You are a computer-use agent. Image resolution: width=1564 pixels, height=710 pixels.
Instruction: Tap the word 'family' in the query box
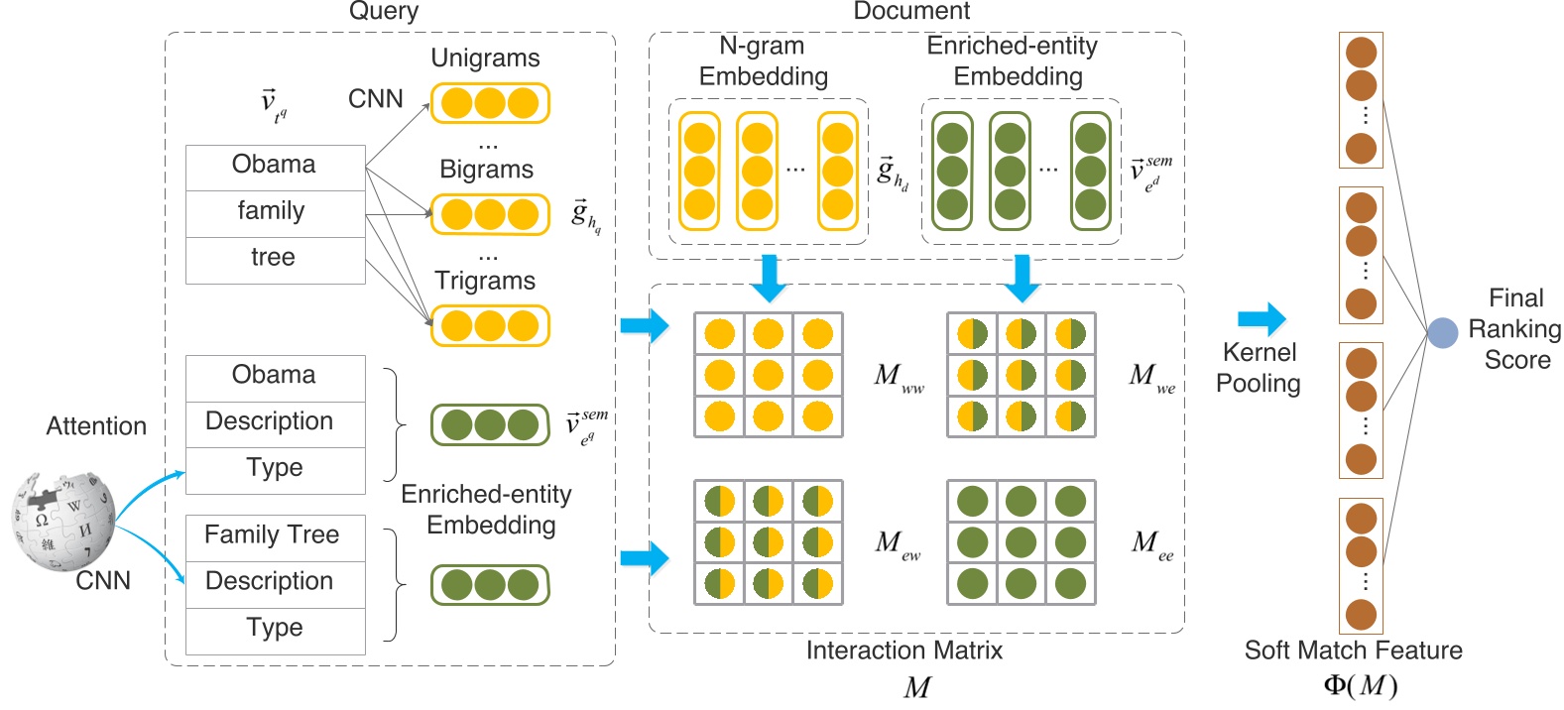point(272,211)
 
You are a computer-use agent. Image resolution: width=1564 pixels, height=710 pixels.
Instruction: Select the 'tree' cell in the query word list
point(273,258)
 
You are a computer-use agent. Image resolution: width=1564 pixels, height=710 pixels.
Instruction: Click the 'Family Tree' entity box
point(273,535)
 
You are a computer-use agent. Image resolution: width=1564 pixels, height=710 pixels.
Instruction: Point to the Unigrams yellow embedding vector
point(489,103)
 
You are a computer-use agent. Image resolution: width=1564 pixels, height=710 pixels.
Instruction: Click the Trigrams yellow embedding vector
point(489,326)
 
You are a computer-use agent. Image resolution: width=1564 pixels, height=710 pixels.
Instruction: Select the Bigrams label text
point(486,170)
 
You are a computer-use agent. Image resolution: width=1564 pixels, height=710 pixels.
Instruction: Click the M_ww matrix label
point(897,377)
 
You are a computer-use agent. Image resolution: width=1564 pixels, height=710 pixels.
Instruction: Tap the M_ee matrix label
point(1151,543)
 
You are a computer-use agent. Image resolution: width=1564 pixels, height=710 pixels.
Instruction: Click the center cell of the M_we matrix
point(1021,375)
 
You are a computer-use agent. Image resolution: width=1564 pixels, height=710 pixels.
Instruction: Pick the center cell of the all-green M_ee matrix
point(1021,542)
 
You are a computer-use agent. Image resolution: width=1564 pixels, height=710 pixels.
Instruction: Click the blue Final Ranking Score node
point(1442,332)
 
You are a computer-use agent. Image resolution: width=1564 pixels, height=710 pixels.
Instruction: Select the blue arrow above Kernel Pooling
point(1262,319)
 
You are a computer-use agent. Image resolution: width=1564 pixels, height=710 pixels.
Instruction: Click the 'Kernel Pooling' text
point(1259,368)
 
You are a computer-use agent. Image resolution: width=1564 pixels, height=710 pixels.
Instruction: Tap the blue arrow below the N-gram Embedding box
point(768,278)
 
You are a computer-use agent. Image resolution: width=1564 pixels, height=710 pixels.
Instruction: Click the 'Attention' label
point(96,426)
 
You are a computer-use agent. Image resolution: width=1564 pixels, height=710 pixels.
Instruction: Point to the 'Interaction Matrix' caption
point(903,651)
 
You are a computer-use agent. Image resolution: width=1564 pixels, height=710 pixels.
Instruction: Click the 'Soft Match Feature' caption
point(1353,651)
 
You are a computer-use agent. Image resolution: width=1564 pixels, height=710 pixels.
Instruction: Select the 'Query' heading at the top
point(384,12)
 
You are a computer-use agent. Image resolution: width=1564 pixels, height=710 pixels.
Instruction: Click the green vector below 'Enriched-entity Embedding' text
point(489,585)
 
